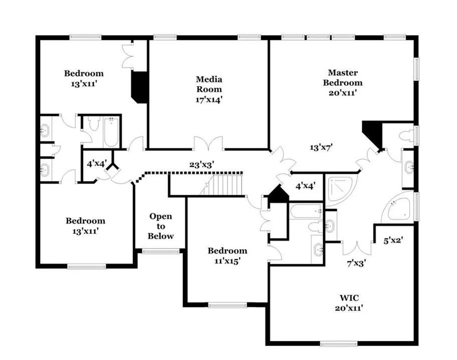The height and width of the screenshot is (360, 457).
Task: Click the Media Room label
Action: point(209,84)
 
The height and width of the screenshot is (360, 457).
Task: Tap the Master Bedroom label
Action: point(343,78)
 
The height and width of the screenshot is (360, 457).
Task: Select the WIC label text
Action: point(349,298)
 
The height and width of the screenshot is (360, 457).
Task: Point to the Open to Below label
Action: point(160,226)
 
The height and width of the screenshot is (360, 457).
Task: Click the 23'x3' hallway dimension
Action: point(202,165)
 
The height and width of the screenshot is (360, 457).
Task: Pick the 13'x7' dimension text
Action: point(321,147)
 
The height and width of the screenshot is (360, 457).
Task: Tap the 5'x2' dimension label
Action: point(393,240)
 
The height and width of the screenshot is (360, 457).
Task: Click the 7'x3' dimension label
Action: point(356,263)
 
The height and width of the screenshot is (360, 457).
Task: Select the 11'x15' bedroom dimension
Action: point(227,261)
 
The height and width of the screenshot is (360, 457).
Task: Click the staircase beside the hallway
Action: point(221,185)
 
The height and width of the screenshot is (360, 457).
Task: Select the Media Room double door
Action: point(208,143)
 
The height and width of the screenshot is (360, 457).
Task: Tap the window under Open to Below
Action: point(160,251)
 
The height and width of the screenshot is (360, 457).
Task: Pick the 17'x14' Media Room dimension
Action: point(209,100)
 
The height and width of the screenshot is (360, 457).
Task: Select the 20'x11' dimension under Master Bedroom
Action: point(343,93)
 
